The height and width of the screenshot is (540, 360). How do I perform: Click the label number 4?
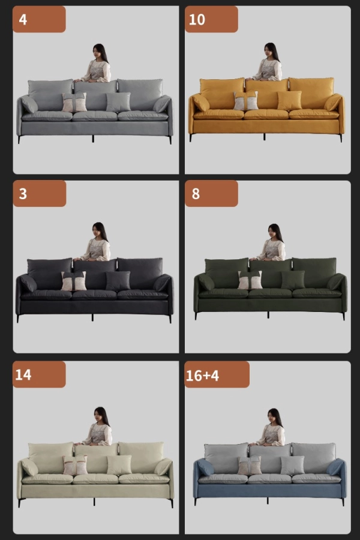click(x=23, y=19)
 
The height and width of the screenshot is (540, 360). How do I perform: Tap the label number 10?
click(x=197, y=19)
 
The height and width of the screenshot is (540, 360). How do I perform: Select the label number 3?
click(x=23, y=194)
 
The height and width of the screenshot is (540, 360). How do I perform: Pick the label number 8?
click(x=196, y=194)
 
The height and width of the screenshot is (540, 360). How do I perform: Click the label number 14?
click(x=23, y=374)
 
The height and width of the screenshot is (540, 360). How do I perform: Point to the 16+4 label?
click(x=202, y=376)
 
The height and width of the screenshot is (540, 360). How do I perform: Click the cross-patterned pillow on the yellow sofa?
click(x=245, y=101)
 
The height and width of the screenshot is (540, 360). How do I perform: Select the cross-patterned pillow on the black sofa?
click(x=74, y=281)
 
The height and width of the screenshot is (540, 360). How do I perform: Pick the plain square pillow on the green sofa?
click(x=293, y=280)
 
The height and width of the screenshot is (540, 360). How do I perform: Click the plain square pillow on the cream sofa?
click(x=119, y=465)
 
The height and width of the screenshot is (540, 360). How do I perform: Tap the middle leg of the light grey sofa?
click(x=93, y=139)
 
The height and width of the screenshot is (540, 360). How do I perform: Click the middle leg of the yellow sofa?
click(x=264, y=137)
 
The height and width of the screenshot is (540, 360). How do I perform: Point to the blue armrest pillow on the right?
click(x=335, y=467)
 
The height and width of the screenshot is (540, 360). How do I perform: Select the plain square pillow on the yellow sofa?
click(x=289, y=101)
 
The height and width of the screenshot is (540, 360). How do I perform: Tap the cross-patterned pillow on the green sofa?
click(x=250, y=280)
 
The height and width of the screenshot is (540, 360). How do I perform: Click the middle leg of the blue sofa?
click(x=268, y=501)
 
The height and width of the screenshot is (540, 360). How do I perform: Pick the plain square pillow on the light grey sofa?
click(x=118, y=102)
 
